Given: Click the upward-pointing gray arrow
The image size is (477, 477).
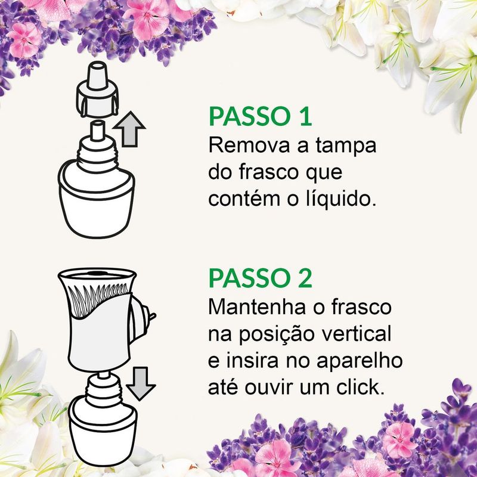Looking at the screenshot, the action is coord(129,129).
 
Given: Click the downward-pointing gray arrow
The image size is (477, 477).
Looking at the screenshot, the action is coord(141,383).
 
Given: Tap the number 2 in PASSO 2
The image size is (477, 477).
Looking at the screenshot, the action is coord(305,278).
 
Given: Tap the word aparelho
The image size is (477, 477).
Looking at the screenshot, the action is coord(360,361).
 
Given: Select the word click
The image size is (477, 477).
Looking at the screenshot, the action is coord(361,387).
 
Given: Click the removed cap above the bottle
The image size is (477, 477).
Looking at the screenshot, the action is coord(97,89).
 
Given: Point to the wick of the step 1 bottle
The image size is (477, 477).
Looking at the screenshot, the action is coord(97,131).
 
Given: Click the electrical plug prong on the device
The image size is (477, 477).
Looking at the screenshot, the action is coord(152,316).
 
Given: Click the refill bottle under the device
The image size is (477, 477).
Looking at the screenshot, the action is coord(103,420).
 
